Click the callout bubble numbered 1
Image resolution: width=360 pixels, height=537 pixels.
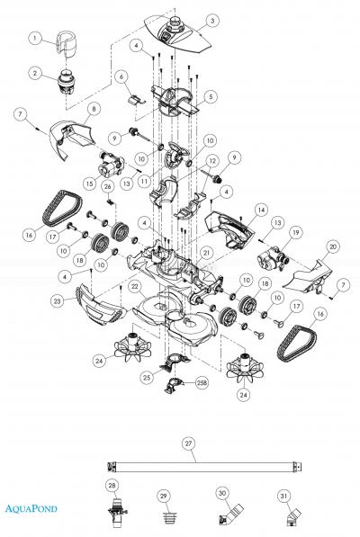[x=34, y=38]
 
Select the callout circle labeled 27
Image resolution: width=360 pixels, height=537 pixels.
[x=188, y=443]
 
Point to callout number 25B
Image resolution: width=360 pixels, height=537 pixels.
[x=202, y=381]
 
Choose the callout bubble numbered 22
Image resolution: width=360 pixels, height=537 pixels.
[x=133, y=286]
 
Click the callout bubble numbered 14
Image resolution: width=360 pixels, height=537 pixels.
[x=260, y=208]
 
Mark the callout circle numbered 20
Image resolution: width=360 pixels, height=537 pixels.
[x=332, y=245]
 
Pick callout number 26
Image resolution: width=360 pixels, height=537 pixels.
[x=106, y=186]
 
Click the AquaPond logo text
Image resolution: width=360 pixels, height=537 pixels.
[x=30, y=509]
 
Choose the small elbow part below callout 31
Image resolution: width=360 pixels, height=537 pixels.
[x=287, y=518]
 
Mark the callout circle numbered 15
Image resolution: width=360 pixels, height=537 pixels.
[x=89, y=183]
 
